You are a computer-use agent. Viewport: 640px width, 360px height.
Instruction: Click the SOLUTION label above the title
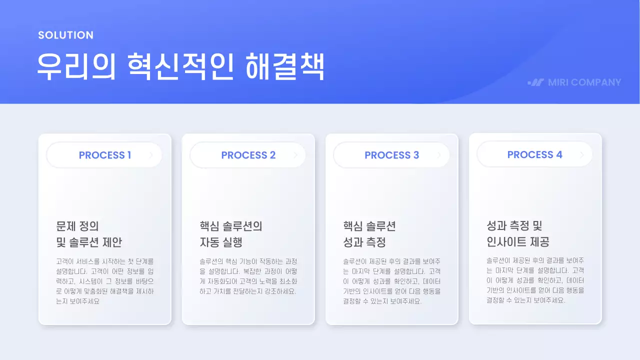(65, 35)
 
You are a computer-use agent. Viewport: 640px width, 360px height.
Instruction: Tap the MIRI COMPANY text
(584, 82)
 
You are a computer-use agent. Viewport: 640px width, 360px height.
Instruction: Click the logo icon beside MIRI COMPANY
(536, 82)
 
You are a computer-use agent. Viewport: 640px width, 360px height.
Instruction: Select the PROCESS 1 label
(105, 155)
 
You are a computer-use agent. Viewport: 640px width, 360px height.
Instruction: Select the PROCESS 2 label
(248, 155)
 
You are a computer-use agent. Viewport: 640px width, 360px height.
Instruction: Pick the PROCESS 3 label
(392, 155)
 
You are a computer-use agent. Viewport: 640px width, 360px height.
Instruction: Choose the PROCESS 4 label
(535, 154)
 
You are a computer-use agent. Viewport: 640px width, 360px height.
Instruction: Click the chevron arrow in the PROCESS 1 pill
(151, 155)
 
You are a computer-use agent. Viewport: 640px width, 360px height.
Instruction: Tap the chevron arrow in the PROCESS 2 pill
(295, 155)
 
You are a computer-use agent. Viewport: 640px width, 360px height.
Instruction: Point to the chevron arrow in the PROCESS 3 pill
(438, 155)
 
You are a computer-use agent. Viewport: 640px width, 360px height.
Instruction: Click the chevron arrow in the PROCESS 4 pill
(582, 155)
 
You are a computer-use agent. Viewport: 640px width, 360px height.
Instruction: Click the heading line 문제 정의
(81, 226)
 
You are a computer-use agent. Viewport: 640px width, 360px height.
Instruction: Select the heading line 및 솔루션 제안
(89, 242)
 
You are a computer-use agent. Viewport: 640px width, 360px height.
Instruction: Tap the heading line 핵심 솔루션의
(231, 226)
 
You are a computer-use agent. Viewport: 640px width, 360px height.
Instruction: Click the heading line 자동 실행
(221, 242)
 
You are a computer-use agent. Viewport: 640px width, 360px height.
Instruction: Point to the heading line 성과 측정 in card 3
(364, 242)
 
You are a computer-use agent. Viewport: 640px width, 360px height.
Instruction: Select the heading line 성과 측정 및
(514, 225)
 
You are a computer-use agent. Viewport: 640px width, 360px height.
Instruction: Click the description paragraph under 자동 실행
(248, 276)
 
